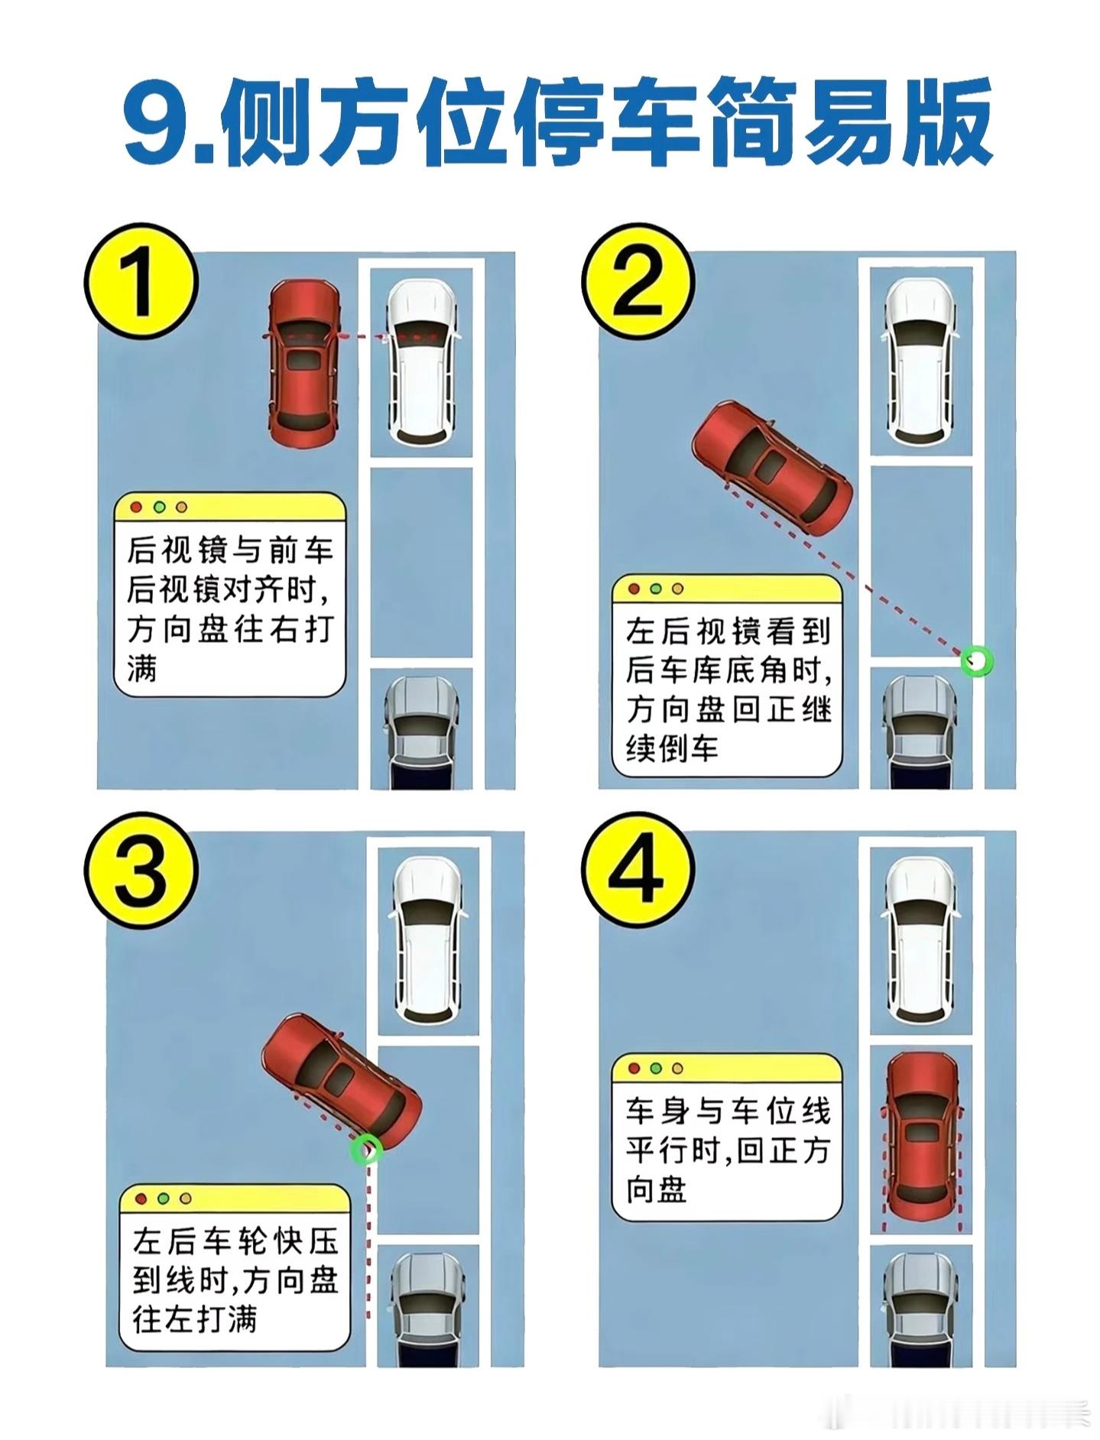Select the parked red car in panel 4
coord(923,1138)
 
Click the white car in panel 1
coord(422,362)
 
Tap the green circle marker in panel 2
coord(976,660)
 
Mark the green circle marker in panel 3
coord(366,1148)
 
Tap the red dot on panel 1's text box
coord(137,507)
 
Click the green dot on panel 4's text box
coord(655,1069)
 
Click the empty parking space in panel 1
coord(421,562)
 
